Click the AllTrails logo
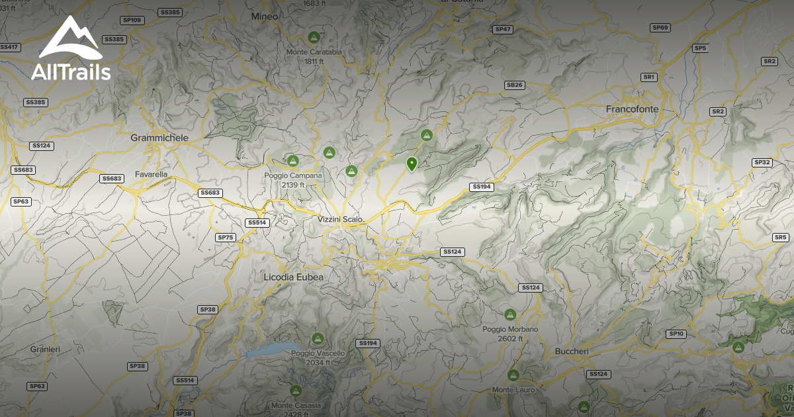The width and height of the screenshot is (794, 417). [71, 50]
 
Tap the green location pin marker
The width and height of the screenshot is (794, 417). [412, 163]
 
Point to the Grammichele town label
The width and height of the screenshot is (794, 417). [159, 138]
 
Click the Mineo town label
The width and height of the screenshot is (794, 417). [265, 16]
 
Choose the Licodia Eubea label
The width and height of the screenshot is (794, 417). [293, 277]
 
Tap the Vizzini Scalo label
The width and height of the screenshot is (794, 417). [340, 219]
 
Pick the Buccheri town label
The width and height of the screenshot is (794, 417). [572, 351]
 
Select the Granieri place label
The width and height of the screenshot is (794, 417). [45, 349]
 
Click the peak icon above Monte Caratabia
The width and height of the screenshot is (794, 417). [314, 37]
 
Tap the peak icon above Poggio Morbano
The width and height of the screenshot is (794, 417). [509, 314]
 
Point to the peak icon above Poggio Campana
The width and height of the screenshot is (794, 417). [292, 160]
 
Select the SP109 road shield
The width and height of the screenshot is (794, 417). [133, 21]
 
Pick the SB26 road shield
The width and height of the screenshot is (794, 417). [514, 85]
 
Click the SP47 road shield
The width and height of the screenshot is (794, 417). [503, 29]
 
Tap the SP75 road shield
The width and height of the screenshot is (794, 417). [226, 237]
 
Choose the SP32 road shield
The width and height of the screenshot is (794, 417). [762, 162]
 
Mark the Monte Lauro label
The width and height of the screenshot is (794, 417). [513, 390]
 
